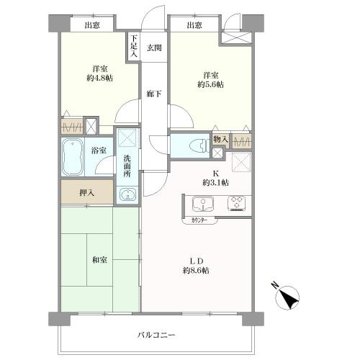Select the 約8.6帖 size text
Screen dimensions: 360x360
point(195,270)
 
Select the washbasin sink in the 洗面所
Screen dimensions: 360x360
point(127,194)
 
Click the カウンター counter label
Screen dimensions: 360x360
point(201,220)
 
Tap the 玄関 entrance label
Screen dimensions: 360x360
point(154,48)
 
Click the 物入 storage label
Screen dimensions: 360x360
point(220,138)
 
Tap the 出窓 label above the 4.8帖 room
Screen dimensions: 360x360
point(92,26)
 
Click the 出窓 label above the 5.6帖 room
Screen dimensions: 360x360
point(194,26)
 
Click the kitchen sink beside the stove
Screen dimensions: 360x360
point(199,204)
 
